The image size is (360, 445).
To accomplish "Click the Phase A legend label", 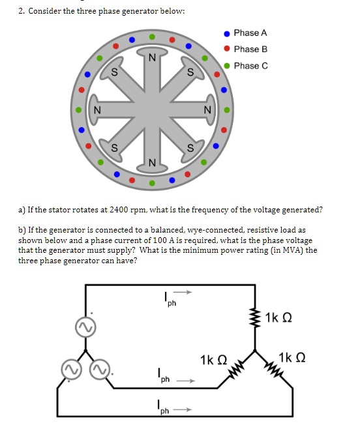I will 250,33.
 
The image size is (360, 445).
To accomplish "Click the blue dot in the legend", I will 226,33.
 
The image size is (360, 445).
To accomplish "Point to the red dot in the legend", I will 226,50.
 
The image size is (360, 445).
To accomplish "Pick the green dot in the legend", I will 226,66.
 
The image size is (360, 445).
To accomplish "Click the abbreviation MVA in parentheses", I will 286,250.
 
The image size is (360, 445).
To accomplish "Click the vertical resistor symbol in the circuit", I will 255,317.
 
